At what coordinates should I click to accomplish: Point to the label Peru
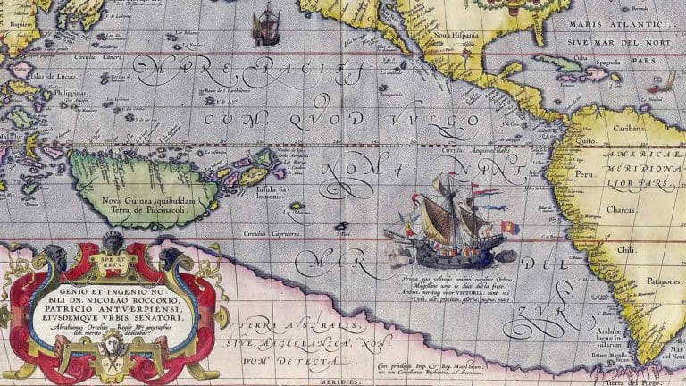pyautogui.click(x=585, y=176)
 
